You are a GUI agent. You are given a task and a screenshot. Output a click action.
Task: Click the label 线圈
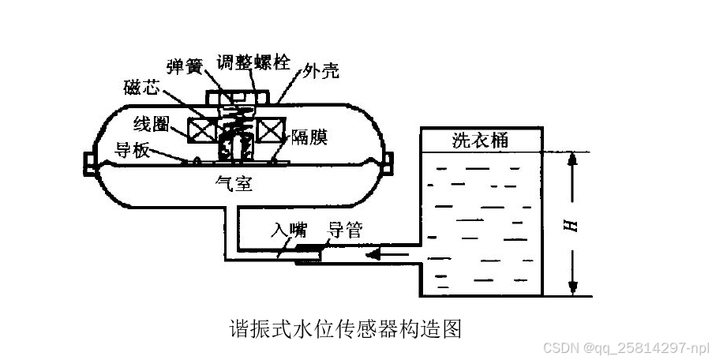[x=151, y=123]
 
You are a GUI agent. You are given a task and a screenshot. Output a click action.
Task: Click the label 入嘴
[x=290, y=230]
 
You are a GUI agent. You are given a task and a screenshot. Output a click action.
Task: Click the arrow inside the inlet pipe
[x=389, y=254]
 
